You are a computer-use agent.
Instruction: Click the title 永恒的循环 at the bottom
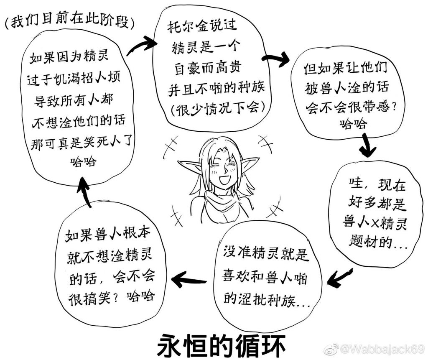[x=222, y=345]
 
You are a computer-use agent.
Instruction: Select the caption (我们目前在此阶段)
[x=70, y=21]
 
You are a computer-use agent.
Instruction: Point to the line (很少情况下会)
[x=217, y=108]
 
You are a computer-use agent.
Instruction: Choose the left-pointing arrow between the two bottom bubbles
[x=189, y=279]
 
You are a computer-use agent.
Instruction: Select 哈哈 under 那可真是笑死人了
[x=83, y=161]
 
